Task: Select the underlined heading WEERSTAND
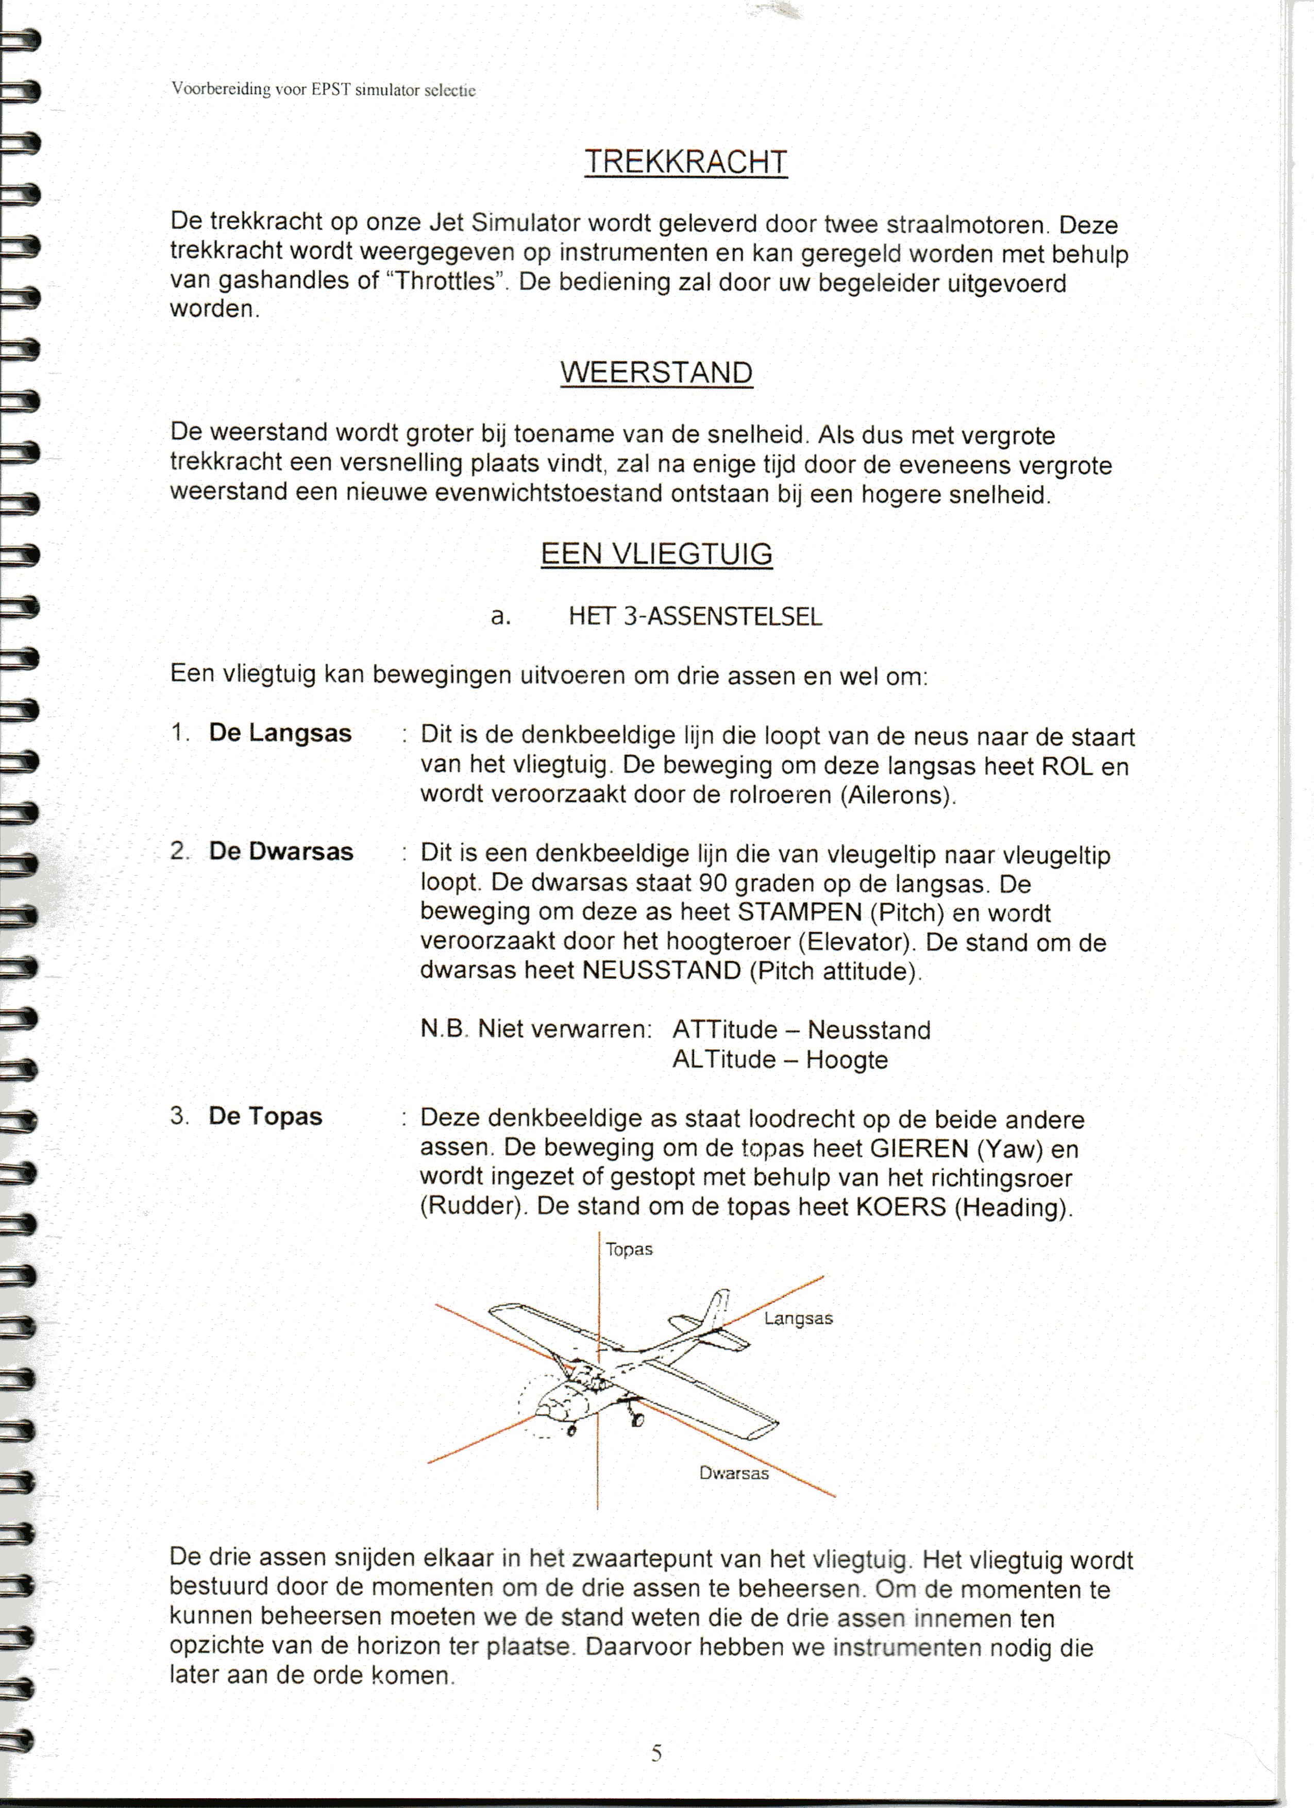(x=656, y=373)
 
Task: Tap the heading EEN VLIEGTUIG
(x=656, y=553)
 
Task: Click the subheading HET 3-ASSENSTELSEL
(x=695, y=616)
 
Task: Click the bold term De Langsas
(x=280, y=733)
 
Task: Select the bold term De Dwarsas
(x=281, y=851)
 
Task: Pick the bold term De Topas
(x=265, y=1116)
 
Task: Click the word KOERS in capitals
(x=900, y=1206)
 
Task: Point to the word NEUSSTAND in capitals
(x=662, y=970)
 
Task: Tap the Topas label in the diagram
(x=629, y=1249)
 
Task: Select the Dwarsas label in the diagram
(x=734, y=1473)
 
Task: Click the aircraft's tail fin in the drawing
(x=718, y=1308)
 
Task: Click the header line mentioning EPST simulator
(x=323, y=89)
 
